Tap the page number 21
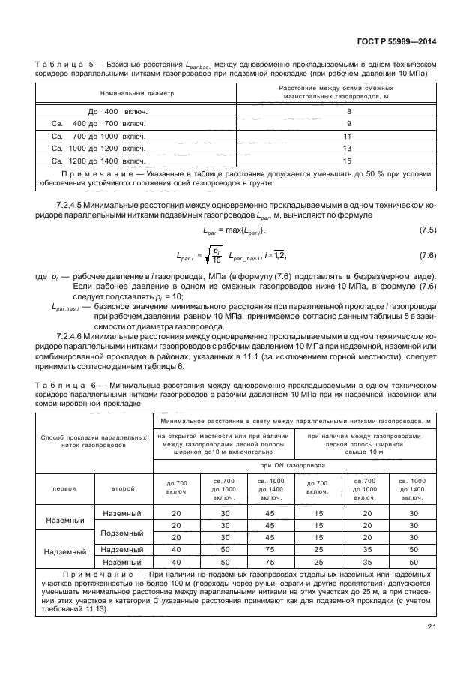432,628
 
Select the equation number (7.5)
427,229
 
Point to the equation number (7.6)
427,255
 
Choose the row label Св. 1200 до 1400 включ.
98,161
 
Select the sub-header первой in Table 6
64,488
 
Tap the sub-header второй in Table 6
123,488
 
